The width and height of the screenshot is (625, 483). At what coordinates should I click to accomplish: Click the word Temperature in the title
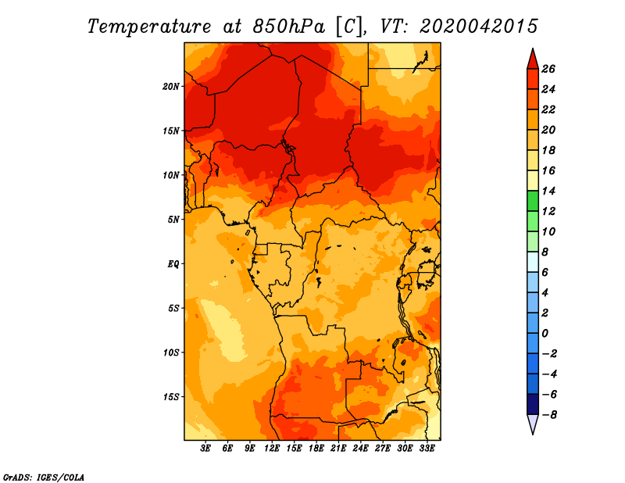(152, 26)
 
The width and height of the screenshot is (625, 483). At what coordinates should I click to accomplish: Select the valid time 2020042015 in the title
(478, 26)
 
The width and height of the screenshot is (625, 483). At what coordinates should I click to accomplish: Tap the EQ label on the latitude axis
(174, 263)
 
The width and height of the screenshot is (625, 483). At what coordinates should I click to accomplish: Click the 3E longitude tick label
(206, 449)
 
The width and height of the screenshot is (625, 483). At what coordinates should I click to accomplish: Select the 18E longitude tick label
(316, 449)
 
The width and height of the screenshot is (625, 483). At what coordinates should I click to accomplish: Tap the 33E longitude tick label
(427, 449)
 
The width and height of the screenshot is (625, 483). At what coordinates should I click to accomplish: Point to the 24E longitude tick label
(360, 449)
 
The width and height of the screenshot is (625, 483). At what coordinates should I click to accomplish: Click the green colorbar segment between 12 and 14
(533, 201)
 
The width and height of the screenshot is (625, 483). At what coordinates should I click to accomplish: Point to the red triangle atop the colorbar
(533, 59)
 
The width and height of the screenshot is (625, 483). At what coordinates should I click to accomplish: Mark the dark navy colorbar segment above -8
(533, 404)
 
